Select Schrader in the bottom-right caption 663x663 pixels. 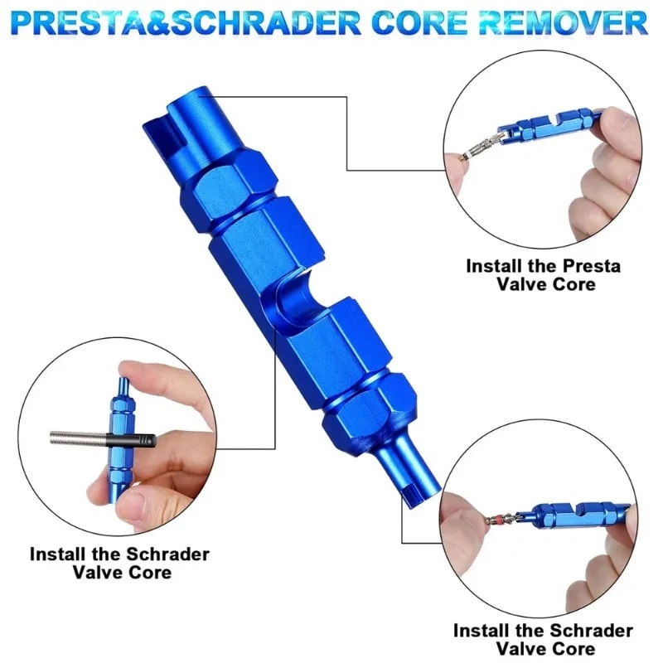pos(592,632)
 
